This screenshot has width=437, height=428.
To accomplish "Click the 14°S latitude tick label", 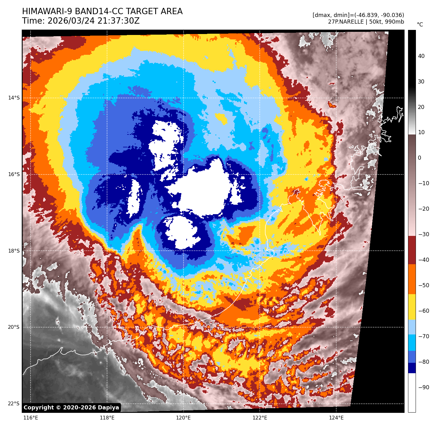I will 14,98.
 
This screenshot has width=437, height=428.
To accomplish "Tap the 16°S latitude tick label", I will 14,174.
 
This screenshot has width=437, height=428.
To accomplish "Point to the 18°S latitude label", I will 14,251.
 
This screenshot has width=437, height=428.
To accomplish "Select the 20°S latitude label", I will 14,327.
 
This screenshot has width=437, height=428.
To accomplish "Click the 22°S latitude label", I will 14,404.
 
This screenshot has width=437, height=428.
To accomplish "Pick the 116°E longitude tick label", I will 31,418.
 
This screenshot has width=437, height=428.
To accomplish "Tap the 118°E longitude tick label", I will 107,418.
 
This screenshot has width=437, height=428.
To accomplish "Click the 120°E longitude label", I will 183,418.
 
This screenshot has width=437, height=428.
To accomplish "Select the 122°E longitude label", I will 260,418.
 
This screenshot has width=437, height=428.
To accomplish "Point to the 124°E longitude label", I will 336,418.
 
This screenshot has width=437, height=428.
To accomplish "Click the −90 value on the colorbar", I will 423,387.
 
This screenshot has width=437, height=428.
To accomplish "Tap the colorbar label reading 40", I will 421,56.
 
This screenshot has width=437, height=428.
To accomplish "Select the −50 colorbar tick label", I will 423,285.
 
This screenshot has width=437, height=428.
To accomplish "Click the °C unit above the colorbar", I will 420,25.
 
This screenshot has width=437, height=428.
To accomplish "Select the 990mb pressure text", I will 394,22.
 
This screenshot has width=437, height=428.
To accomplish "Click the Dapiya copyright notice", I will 71,408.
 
